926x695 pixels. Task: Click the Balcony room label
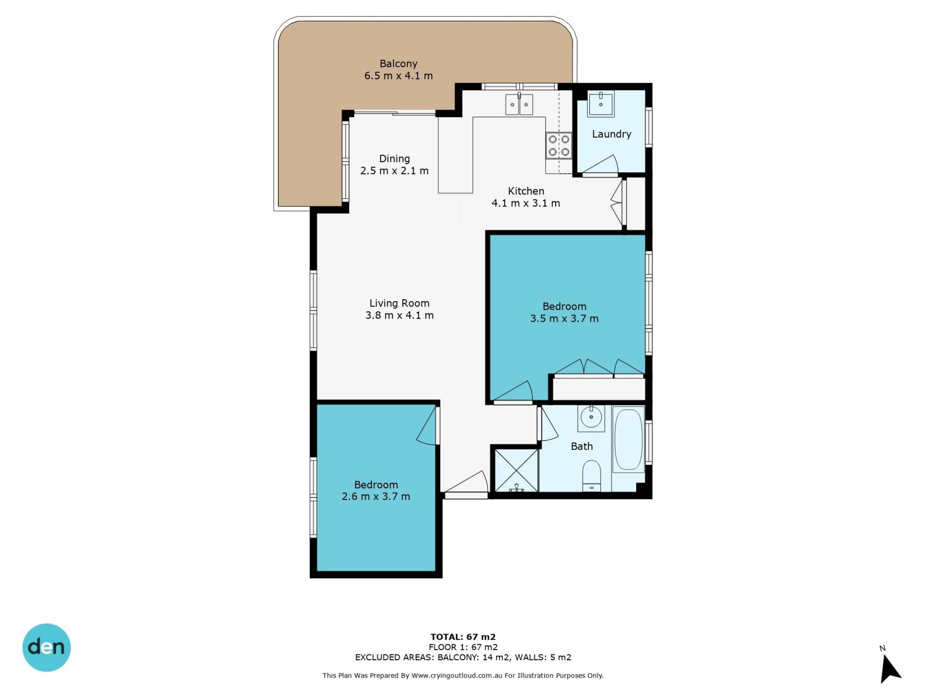[398, 64]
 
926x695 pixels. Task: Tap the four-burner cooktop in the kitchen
[559, 146]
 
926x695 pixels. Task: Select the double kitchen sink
[519, 104]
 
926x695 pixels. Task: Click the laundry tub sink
[600, 104]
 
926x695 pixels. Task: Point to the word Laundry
[612, 134]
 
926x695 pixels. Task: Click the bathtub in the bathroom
[628, 440]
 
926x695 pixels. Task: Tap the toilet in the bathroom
[592, 476]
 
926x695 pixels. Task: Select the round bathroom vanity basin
[591, 417]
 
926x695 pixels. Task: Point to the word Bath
[582, 446]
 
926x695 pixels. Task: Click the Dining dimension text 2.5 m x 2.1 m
[395, 171]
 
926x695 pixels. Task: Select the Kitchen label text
[526, 191]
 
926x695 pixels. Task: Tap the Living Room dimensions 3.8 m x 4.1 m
[399, 316]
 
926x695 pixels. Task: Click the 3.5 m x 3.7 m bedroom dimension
[564, 319]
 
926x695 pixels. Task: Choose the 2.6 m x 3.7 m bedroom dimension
[376, 497]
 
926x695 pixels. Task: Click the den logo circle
[47, 647]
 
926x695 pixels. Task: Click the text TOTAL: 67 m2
[463, 637]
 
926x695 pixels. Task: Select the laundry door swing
[600, 165]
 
